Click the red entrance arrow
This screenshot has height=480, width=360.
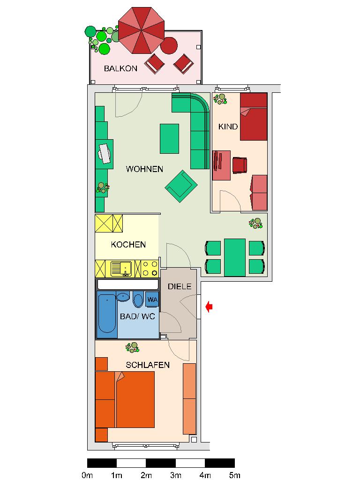210,307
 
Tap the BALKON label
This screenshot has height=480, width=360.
120,68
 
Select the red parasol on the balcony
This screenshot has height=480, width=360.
141,30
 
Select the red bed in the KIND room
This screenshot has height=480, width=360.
254,117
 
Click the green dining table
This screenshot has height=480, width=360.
235,257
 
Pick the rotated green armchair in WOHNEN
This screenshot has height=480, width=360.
181,186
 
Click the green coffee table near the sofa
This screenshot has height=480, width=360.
170,138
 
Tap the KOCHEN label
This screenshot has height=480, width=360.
128,245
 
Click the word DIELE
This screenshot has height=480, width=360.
180,287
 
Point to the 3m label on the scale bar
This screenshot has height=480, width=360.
176,475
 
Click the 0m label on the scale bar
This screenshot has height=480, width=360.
87,475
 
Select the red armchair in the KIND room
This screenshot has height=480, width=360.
240,165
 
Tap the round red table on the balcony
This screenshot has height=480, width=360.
169,46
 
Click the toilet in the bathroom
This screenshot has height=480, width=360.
138,299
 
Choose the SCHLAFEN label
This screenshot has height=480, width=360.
147,365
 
